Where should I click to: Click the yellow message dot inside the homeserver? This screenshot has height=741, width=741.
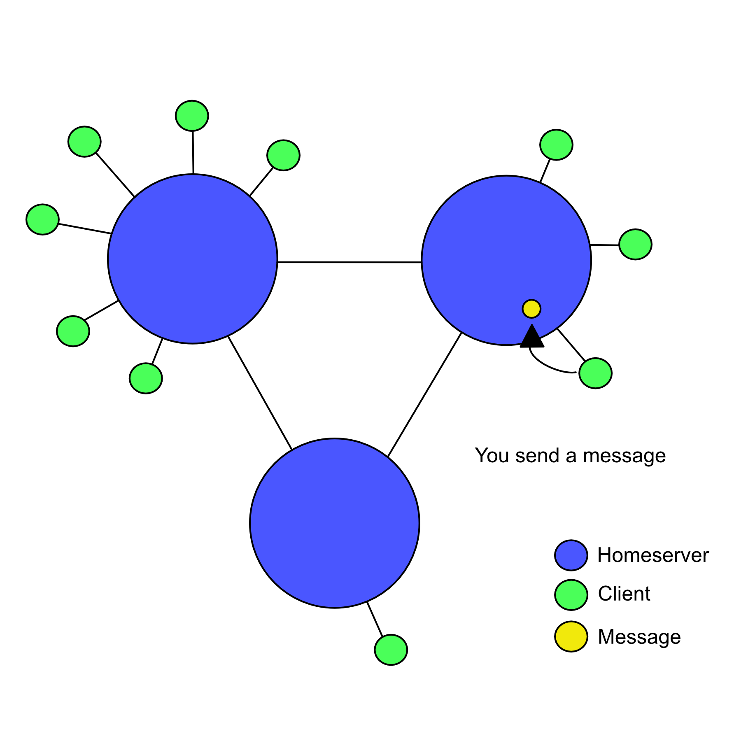tap(531, 309)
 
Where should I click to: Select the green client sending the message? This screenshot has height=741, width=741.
tap(595, 373)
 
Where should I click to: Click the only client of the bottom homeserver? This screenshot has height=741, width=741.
tap(391, 650)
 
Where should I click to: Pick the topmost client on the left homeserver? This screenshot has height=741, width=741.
tap(192, 116)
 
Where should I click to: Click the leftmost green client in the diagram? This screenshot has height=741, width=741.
tap(42, 219)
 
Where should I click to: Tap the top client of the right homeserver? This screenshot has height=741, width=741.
tap(556, 144)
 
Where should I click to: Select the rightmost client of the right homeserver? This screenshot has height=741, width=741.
tap(635, 244)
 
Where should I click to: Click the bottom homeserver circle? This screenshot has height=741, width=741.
tap(335, 523)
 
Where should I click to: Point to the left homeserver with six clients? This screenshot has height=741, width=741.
tap(193, 259)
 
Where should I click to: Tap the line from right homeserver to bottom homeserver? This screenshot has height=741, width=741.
tap(424, 395)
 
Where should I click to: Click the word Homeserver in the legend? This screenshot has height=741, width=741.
tap(653, 555)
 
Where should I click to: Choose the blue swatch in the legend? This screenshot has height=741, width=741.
tap(571, 555)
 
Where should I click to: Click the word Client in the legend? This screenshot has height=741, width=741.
tap(624, 594)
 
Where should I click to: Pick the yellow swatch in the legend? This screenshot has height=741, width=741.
tap(571, 636)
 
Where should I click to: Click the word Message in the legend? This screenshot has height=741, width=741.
tap(639, 636)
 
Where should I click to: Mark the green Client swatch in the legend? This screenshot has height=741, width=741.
tap(571, 594)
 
